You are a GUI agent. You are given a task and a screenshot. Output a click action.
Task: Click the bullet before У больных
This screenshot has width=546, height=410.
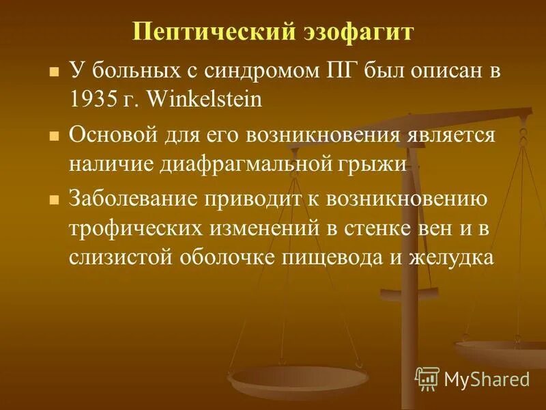click(53, 71)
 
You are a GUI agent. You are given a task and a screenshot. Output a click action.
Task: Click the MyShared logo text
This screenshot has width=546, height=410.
click(487, 378)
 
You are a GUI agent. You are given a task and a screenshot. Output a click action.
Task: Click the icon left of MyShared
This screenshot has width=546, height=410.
click(427, 377)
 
